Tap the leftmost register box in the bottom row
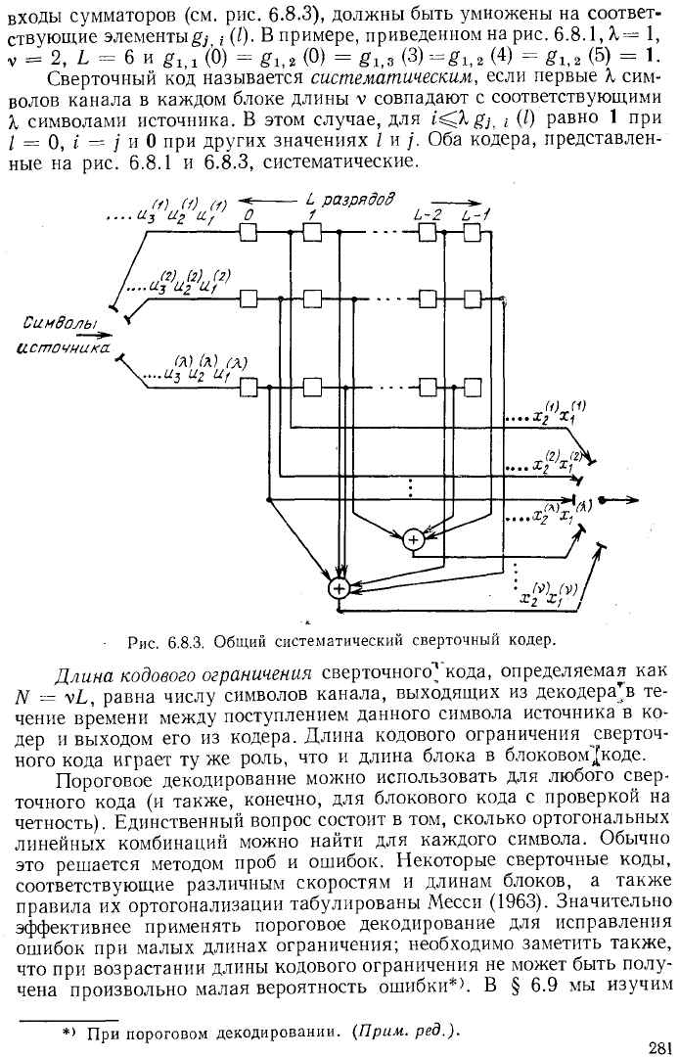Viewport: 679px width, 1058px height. (x=249, y=388)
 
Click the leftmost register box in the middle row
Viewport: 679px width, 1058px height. (x=249, y=298)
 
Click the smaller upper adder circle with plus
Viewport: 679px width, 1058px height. (x=413, y=539)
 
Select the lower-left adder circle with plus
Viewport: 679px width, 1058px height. (x=339, y=588)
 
